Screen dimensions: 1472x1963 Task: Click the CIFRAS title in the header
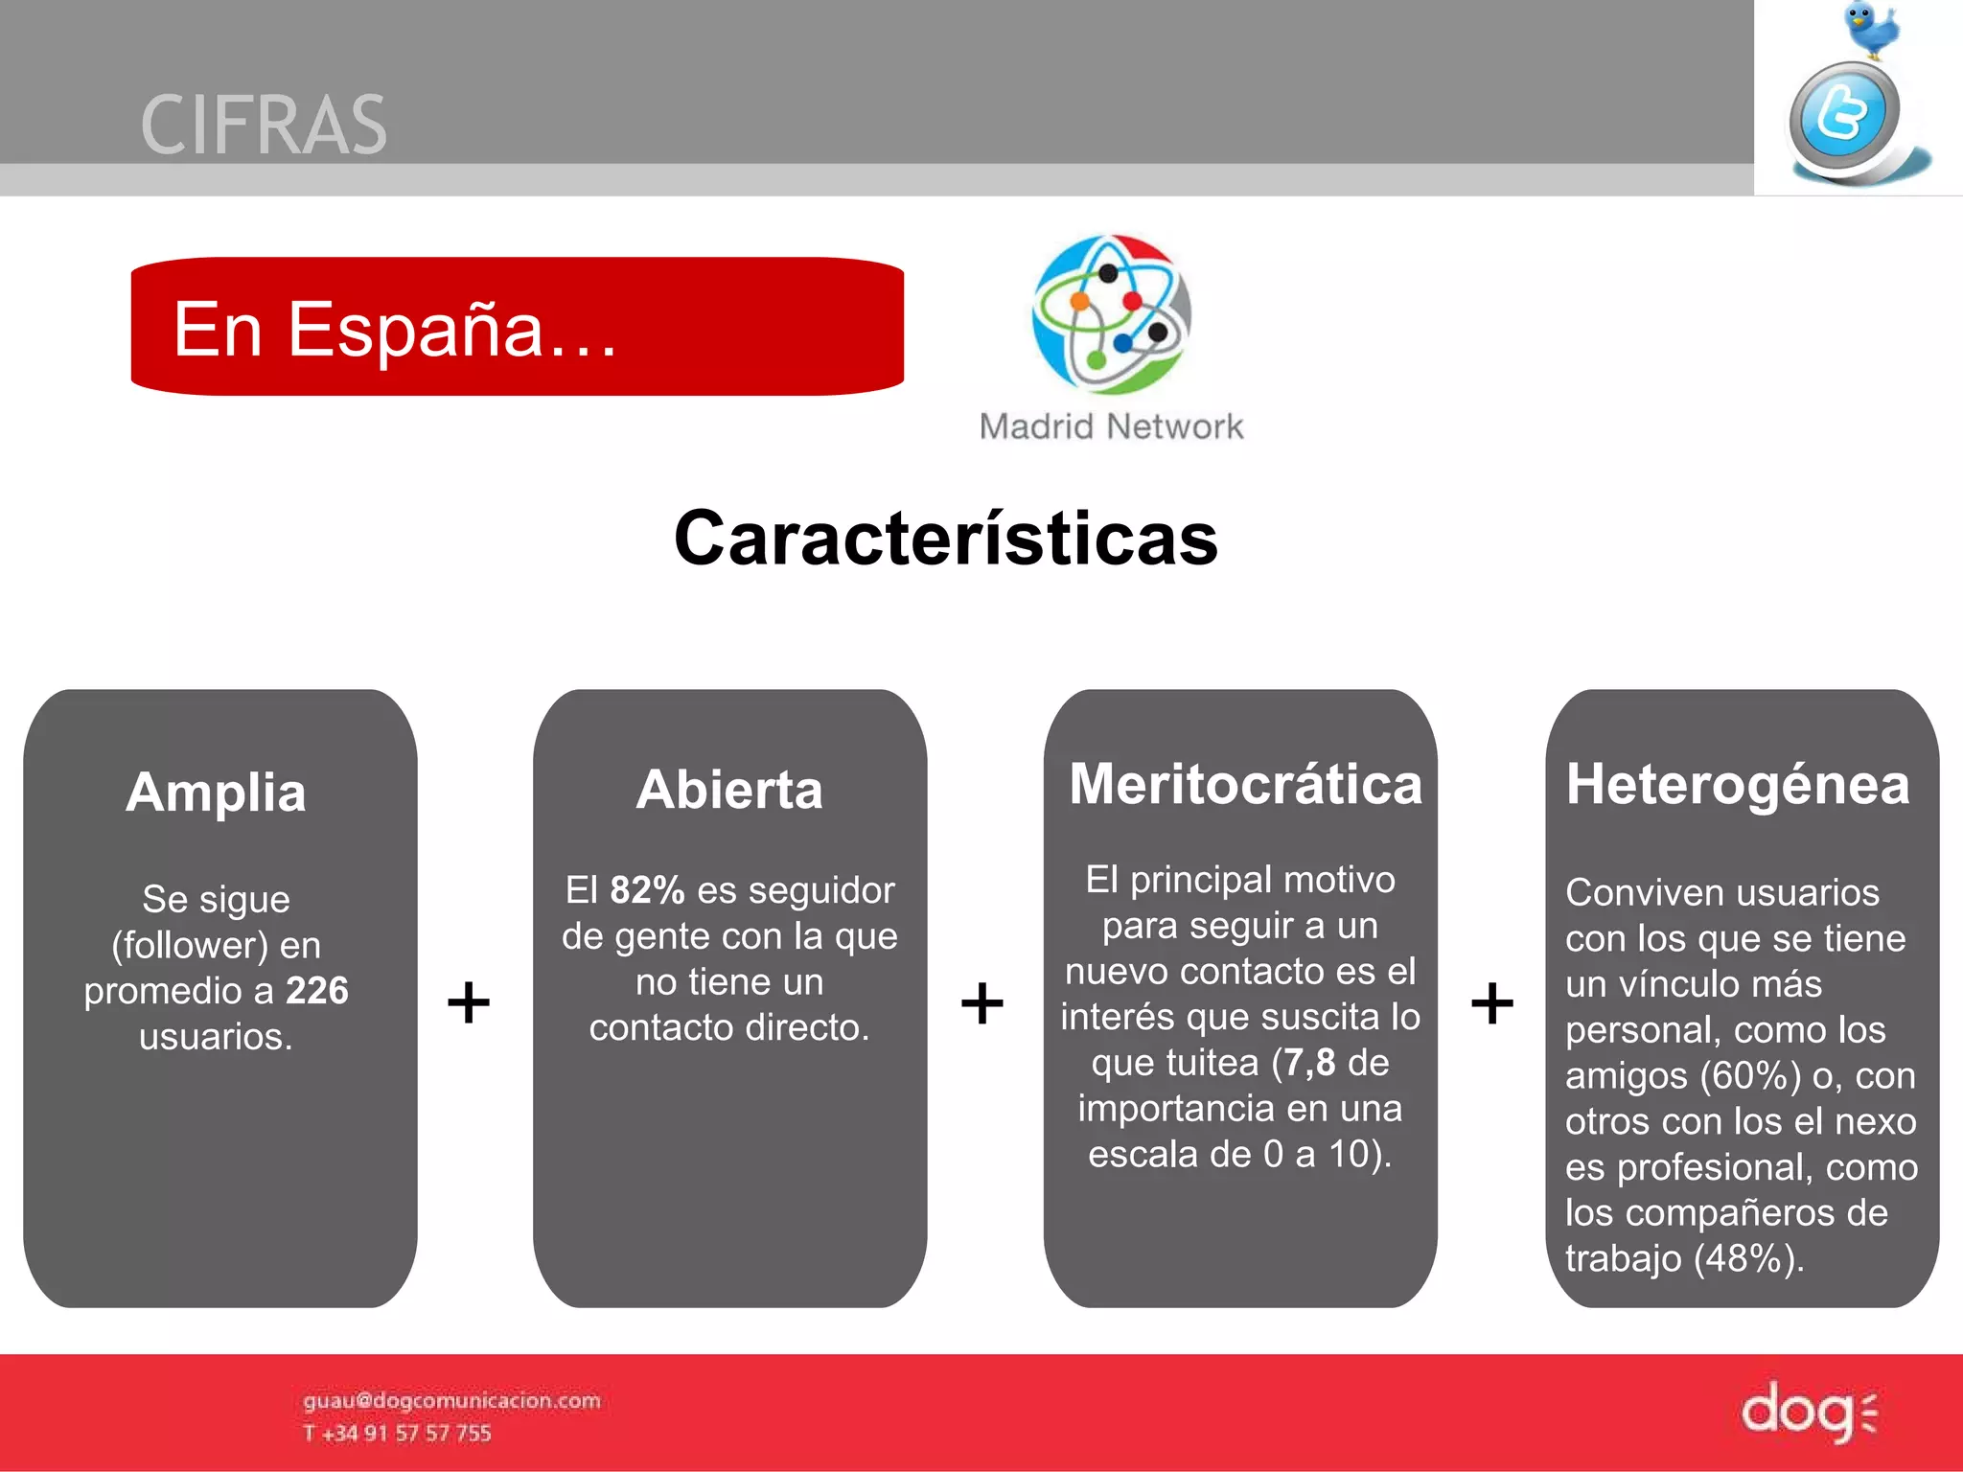264,126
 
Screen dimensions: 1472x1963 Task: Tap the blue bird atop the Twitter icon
1870,30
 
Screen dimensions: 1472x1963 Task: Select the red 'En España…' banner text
394,330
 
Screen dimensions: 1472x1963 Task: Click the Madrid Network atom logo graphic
1111,314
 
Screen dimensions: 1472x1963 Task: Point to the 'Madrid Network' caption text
1111,426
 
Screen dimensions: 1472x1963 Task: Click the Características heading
945,539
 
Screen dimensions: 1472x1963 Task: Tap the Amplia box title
217,793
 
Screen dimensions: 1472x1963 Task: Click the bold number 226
317,991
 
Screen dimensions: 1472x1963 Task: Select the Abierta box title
729,791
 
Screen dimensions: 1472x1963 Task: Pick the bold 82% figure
647,890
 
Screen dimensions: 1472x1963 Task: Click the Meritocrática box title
1245,785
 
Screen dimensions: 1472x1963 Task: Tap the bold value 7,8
1309,1063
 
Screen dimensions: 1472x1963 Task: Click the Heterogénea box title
1737,785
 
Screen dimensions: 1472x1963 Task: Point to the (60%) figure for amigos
1750,1076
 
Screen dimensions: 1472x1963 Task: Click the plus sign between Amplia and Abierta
469,1003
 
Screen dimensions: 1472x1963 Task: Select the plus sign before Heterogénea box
1491,1003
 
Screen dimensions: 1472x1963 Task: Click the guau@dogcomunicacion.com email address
451,1401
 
